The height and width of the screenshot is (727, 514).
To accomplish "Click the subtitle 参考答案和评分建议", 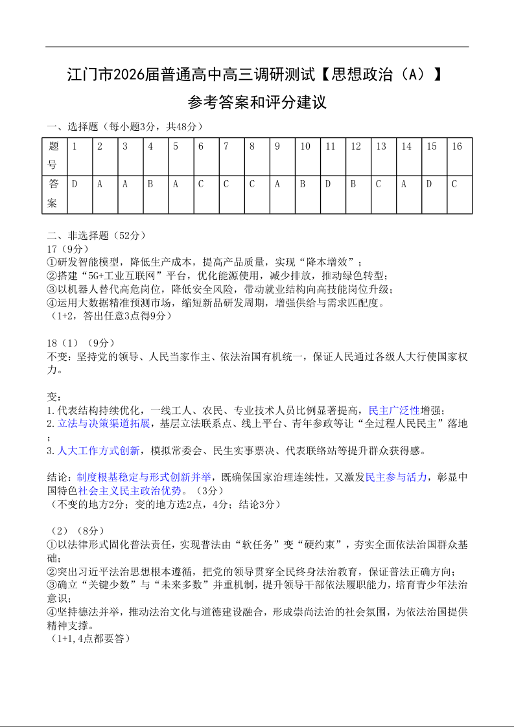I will click(x=257, y=102).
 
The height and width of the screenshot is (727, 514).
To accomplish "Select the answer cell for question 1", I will click(x=80, y=194).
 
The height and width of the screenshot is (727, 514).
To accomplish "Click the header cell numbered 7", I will click(x=231, y=156).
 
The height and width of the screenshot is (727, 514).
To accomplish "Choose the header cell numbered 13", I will click(x=384, y=156).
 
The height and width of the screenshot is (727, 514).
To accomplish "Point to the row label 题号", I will click(x=54, y=156).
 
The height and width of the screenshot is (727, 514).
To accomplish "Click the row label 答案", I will click(x=54, y=194).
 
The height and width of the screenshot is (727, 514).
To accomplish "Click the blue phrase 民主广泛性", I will click(x=394, y=410).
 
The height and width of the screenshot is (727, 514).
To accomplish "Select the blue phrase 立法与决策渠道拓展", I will click(x=104, y=424).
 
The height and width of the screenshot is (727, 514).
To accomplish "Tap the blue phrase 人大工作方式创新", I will click(x=99, y=450).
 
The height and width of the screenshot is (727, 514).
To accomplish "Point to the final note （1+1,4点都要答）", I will click(x=90, y=639).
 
